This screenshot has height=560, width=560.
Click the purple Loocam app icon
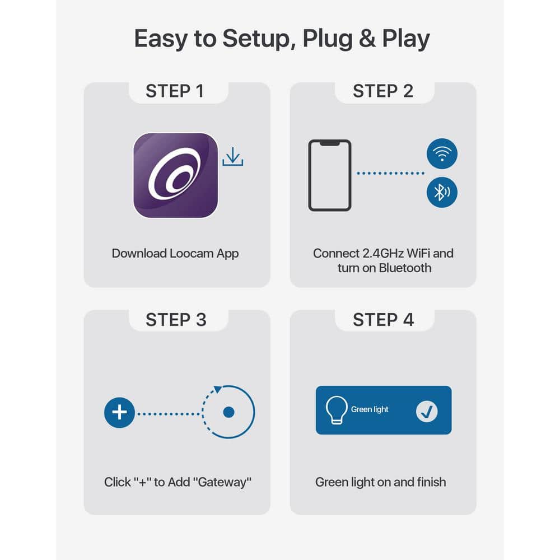coord(176,175)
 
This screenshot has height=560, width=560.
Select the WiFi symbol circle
coord(442,153)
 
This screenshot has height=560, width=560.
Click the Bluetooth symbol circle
coord(442,192)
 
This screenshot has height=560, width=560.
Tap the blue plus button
coord(119,413)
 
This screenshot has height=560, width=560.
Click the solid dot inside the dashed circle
coord(228,412)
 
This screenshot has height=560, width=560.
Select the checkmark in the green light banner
coord(427,412)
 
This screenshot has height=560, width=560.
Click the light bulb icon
coord(336,410)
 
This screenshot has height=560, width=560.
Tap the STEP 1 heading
coord(175,91)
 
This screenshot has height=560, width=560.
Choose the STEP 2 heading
coord(383,91)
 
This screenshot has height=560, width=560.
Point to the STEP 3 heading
coord(176,320)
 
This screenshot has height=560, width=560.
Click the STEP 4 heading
coord(383,320)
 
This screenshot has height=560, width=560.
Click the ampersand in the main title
coord(367,38)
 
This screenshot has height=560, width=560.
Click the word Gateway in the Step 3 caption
coord(222,482)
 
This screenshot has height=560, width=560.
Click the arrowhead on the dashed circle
coord(217,389)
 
